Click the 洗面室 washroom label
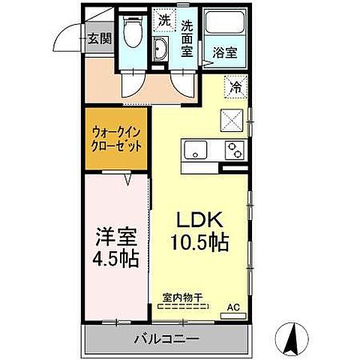[x=188, y=37]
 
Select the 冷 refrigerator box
[x=235, y=87]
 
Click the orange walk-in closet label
[x=115, y=141]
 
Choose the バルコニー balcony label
[x=166, y=339]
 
